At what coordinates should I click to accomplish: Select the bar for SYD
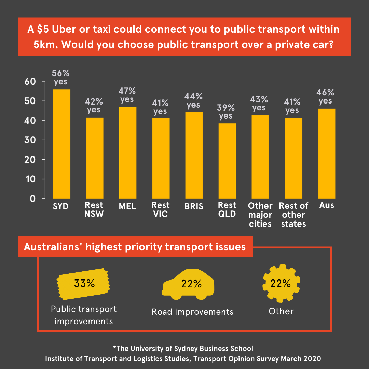tap(61, 143)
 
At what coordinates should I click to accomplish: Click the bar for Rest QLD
tap(227, 161)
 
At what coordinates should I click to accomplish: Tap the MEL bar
tap(127, 152)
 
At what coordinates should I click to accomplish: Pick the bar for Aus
tap(327, 153)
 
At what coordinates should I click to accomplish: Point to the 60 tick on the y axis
tap(30, 82)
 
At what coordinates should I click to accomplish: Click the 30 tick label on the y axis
tap(30, 140)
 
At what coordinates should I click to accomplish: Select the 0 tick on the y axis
tap(33, 199)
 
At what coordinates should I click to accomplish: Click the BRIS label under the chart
tap(194, 206)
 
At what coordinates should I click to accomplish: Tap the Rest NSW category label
tap(94, 210)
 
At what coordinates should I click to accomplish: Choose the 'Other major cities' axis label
tap(260, 215)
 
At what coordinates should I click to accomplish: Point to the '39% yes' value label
tap(226, 112)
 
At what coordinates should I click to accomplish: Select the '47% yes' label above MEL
tap(127, 95)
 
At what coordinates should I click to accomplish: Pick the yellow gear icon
tap(281, 283)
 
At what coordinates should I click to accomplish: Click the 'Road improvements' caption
tap(192, 312)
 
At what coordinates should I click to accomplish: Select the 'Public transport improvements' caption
tap(84, 315)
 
